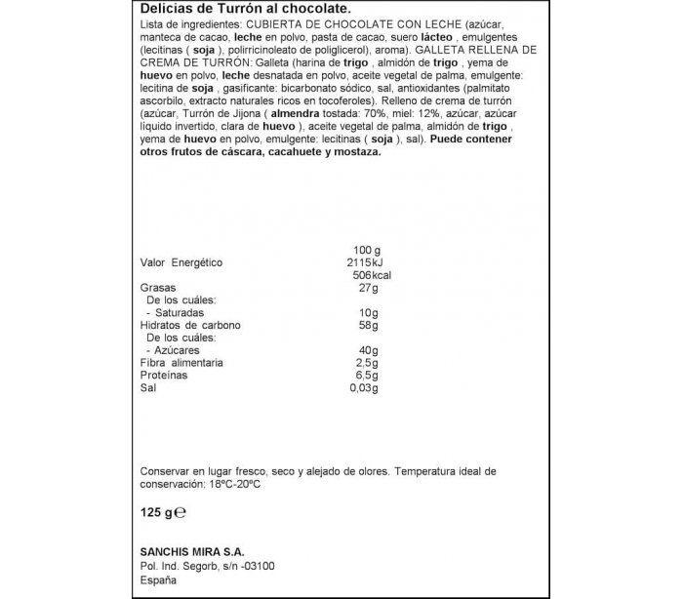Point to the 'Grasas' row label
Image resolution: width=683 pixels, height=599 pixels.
pyautogui.click(x=158, y=288)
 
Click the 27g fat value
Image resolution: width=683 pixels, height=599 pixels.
pyautogui.click(x=368, y=288)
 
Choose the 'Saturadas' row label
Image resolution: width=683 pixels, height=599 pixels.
pyautogui.click(x=177, y=312)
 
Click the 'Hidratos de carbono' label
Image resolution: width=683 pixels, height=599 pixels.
pyautogui.click(x=190, y=325)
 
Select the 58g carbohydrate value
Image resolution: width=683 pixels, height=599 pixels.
pyautogui.click(x=368, y=325)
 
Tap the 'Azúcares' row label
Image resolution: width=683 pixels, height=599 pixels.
pyautogui.click(x=176, y=350)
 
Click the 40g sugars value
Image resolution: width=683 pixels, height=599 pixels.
pyautogui.click(x=368, y=350)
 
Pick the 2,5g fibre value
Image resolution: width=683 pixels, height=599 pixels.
pyautogui.click(x=365, y=363)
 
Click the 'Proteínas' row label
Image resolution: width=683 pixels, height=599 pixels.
pyautogui.click(x=164, y=375)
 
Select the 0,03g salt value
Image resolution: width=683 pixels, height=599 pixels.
pyautogui.click(x=363, y=387)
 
